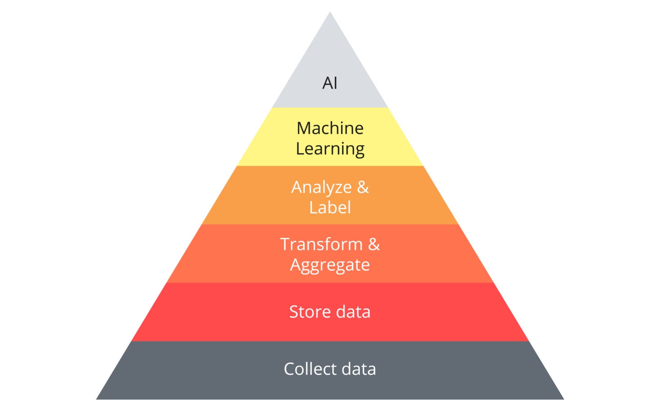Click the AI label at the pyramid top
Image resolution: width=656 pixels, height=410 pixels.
tap(330, 83)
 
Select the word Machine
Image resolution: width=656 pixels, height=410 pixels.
tap(330, 128)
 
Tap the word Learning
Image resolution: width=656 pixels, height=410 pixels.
tap(330, 149)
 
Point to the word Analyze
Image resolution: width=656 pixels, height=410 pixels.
tap(321, 188)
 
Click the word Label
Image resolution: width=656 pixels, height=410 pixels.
tap(330, 207)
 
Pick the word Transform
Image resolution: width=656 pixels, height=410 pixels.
tap(321, 245)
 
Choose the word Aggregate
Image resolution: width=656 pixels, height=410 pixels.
tap(330, 265)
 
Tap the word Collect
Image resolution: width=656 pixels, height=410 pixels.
tap(310, 369)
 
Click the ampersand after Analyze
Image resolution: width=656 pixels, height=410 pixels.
tap(363, 187)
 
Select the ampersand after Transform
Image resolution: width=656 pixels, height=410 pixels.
tap(374, 245)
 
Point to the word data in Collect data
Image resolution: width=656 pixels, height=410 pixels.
tap(359, 369)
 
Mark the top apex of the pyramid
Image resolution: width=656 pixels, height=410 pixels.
tap(330, 12)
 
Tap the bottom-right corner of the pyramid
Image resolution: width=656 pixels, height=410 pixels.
tap(563, 399)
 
